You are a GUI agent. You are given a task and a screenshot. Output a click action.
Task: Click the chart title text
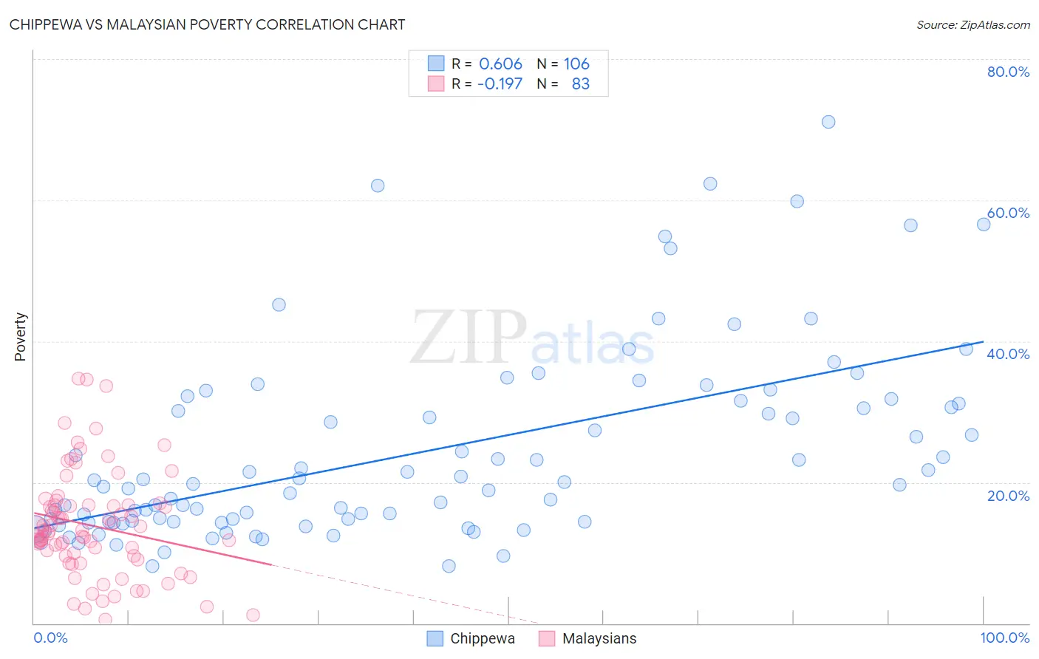[x=207, y=24]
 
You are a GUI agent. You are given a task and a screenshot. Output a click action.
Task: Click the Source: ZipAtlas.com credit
[x=972, y=25]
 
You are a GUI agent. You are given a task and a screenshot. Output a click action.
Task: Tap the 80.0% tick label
[x=1008, y=72]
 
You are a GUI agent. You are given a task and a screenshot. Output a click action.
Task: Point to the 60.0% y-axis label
[x=1008, y=213]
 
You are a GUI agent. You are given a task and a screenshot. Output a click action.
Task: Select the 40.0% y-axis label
[x=1008, y=354]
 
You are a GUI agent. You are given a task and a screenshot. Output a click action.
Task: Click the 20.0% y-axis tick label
[x=1008, y=496]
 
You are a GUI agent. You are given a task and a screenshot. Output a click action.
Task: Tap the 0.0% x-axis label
[x=50, y=638]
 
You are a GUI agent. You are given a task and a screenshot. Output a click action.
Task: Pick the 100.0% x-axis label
[x=1004, y=638]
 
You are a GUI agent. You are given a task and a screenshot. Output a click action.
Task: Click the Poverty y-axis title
[x=20, y=337]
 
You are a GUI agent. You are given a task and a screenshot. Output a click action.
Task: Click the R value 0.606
[x=500, y=64]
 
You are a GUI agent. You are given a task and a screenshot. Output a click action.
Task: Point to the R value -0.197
[x=500, y=84]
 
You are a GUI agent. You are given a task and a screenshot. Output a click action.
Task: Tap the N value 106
[x=576, y=64]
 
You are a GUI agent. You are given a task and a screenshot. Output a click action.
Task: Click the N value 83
[x=580, y=84]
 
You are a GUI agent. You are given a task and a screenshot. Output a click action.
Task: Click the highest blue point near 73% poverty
[x=828, y=122]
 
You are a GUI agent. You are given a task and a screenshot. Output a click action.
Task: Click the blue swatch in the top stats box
[x=436, y=64]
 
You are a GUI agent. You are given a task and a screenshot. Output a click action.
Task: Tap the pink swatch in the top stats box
[x=436, y=83]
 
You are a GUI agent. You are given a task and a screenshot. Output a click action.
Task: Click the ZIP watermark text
[x=469, y=338]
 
